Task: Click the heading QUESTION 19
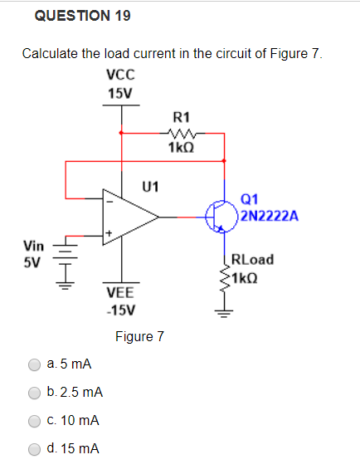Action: [82, 16]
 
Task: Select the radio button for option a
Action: [35, 364]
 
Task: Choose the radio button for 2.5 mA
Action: [35, 393]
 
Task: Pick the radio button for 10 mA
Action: [35, 421]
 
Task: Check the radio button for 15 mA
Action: [35, 449]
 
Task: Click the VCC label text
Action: [121, 74]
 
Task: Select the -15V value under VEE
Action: [120, 310]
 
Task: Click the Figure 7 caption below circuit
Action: [139, 336]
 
